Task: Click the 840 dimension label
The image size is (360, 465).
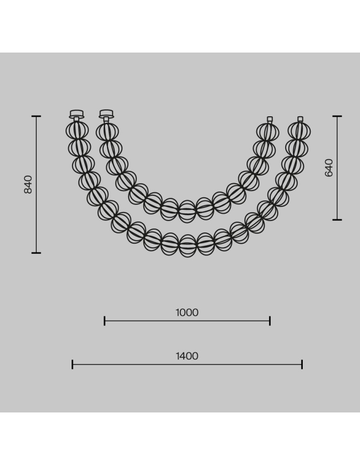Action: coord(28,185)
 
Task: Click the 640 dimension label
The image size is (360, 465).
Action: coord(329,168)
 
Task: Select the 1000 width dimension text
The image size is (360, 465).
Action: coord(187,312)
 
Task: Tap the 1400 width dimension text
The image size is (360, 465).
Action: coord(187,356)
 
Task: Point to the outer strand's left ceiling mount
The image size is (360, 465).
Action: coord(76,114)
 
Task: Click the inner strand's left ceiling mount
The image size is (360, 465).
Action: coord(107,114)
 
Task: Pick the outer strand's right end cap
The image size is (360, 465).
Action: coord(300,119)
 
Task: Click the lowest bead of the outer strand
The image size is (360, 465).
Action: coord(187,246)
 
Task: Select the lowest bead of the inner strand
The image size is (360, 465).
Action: coord(187,211)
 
